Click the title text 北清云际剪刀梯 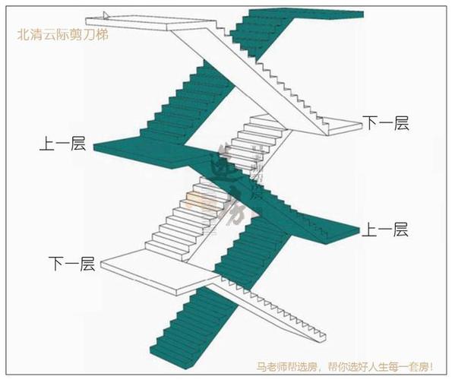point(63,34)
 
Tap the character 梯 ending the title point(103,34)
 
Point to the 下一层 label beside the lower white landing point(71,264)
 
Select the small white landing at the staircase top point(129,23)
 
